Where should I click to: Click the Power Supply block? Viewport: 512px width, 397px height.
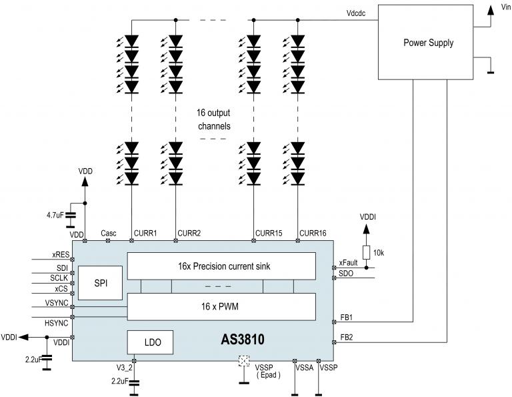point(428,43)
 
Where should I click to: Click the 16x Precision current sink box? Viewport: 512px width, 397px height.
point(221,266)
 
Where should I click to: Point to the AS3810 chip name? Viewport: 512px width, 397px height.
point(242,340)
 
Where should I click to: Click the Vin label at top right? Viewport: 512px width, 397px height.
point(502,7)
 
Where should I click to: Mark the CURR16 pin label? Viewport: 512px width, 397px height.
point(313,233)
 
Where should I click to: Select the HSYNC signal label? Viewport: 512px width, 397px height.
point(57,323)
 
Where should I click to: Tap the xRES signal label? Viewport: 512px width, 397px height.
point(61,255)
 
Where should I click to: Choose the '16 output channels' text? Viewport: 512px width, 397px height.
point(214,119)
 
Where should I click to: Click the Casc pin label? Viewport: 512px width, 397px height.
point(109,233)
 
